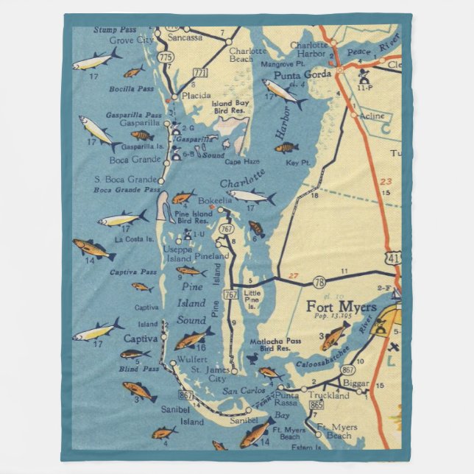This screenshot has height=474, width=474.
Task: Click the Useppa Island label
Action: pyautogui.click(x=178, y=254)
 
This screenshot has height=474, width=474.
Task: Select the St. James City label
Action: pyautogui.click(x=217, y=374)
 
